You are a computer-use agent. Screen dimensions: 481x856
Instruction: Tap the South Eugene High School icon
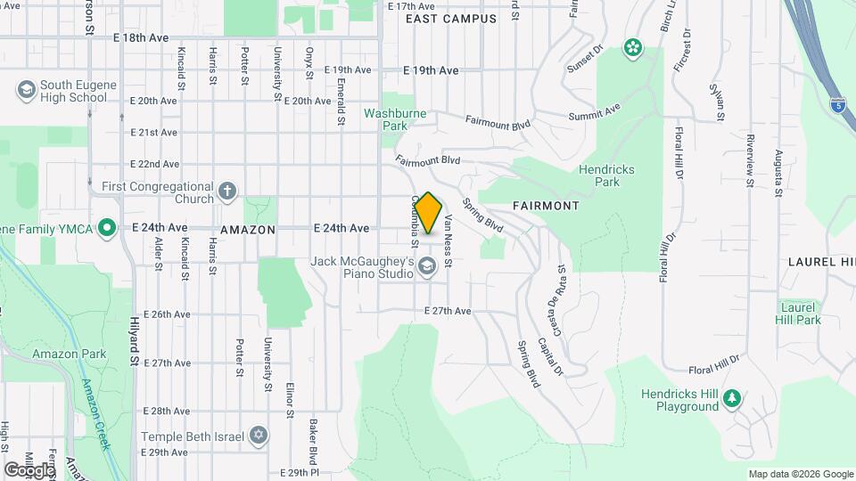[x=26, y=90]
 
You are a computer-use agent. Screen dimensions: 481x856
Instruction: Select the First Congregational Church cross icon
[x=227, y=192]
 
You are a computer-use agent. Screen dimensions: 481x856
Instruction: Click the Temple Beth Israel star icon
[x=259, y=434]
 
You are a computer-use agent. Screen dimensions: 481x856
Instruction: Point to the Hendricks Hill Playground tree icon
[x=733, y=398]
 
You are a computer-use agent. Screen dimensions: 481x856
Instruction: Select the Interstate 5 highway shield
[x=837, y=103]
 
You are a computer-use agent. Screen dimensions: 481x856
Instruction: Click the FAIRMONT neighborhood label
[x=546, y=206]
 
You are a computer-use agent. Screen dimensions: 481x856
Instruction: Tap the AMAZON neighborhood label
[x=249, y=229]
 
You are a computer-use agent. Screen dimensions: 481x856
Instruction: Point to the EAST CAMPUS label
[x=450, y=19]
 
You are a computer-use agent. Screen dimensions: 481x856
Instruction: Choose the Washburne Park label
[x=395, y=120]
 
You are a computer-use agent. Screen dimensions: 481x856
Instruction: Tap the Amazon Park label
[x=69, y=354]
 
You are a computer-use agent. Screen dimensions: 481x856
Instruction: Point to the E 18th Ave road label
[x=141, y=38]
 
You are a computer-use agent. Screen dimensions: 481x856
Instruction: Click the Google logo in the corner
[x=29, y=469]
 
